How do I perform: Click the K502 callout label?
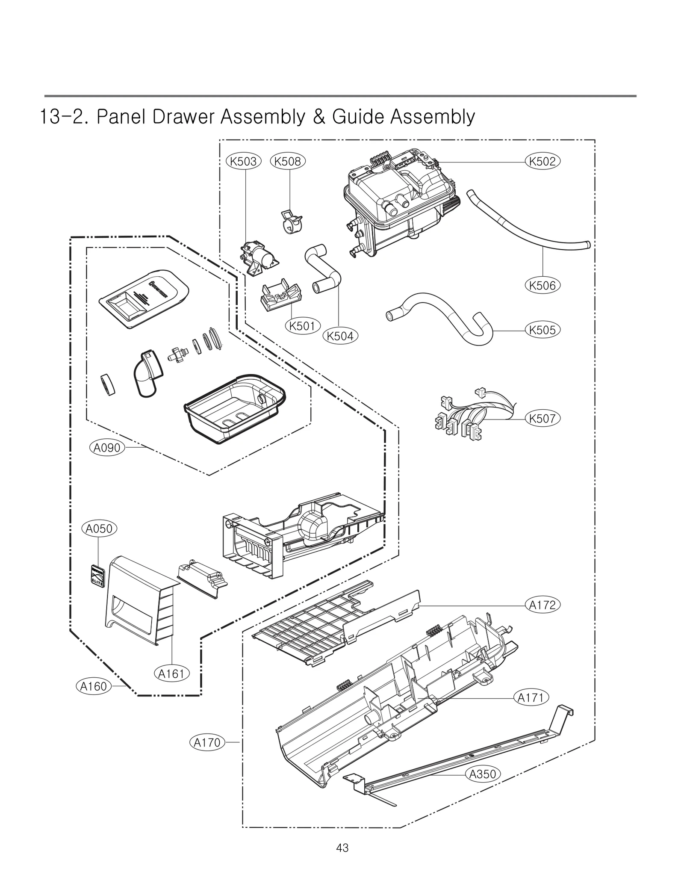(542, 162)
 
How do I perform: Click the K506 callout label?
(542, 285)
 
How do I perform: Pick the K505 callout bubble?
(542, 330)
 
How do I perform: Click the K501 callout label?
(302, 326)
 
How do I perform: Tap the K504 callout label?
(340, 336)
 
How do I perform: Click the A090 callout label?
(107, 448)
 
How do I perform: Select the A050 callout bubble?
(99, 529)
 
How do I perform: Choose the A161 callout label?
(171, 674)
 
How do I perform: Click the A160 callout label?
(94, 686)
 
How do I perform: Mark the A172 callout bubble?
(542, 605)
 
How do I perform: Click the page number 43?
(342, 848)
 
